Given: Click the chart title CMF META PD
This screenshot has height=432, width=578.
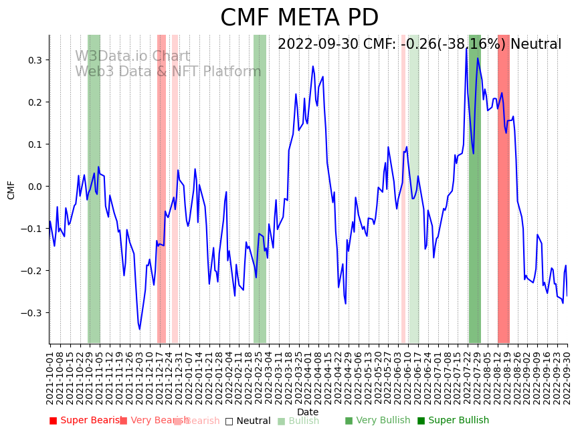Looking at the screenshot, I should pyautogui.click(x=299, y=18).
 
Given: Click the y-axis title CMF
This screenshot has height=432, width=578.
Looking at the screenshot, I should pyautogui.click(x=11, y=189).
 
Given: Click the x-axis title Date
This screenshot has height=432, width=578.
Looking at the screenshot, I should pyautogui.click(x=308, y=412).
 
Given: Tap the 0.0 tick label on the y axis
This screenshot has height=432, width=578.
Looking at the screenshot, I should pyautogui.click(x=33, y=187).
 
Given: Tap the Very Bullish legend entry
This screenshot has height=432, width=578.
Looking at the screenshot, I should pyautogui.click(x=377, y=421).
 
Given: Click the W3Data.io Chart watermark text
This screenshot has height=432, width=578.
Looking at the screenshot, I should pyautogui.click(x=132, y=57).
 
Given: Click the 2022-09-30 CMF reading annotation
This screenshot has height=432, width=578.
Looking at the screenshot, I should pyautogui.click(x=419, y=45).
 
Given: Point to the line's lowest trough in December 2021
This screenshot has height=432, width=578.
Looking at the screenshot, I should pyautogui.click(x=139, y=329).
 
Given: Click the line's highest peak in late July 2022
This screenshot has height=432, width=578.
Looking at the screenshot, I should pyautogui.click(x=467, y=48).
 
